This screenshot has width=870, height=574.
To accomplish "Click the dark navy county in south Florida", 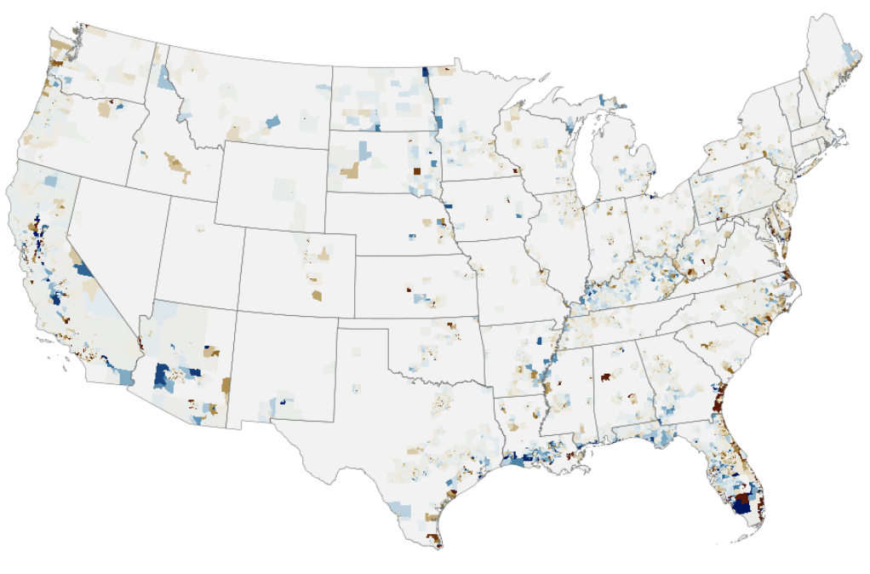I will (743, 504).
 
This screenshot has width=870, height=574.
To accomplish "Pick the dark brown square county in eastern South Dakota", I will (416, 170).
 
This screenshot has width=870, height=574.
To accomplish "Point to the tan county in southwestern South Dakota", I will (350, 172).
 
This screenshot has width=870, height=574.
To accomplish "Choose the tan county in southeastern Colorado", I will (317, 296).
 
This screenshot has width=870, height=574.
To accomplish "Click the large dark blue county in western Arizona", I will (163, 376).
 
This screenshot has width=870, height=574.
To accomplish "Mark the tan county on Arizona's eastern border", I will (226, 386).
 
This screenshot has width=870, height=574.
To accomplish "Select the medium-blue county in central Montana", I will (272, 122).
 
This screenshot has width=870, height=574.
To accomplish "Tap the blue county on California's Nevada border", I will (84, 270).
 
